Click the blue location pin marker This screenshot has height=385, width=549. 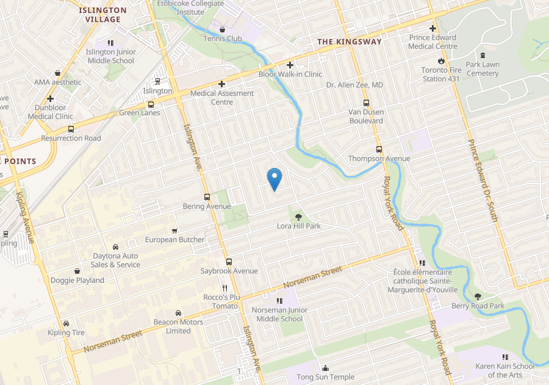coord(274,178)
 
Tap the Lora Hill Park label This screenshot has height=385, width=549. coord(298,226)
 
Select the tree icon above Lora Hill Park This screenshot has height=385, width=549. coord(298,216)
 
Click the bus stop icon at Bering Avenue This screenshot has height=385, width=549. coord(207,197)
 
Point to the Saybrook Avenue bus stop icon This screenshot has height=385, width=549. coord(229,261)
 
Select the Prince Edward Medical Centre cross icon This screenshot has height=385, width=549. coord(432,29)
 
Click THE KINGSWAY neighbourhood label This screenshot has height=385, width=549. coord(350,42)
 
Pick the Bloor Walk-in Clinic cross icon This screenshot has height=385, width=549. coord(290,65)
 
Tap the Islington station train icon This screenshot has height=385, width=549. coord(157,81)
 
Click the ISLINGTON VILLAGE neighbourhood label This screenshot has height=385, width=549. coord(103,15)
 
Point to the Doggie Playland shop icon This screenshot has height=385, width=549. coord(77,271)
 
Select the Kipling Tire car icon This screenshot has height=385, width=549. coord(66,323)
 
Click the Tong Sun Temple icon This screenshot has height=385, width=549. coord(325,368)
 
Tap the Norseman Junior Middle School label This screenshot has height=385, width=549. coord(279,314)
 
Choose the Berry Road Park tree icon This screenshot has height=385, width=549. coord(478,296)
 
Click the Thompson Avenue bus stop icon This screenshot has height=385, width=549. coord(379,149)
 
